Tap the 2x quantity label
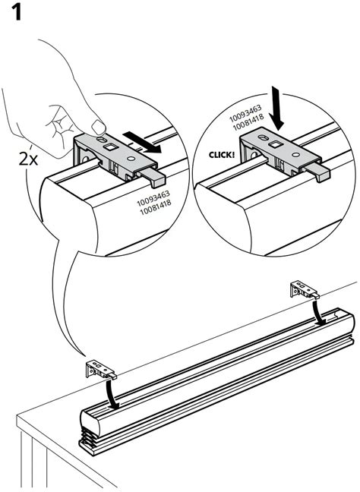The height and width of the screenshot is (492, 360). [x=28, y=159]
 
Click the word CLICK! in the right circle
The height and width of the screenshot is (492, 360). [x=222, y=155]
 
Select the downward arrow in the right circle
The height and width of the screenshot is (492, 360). [x=276, y=109]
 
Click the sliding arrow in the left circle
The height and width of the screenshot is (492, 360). [x=142, y=142]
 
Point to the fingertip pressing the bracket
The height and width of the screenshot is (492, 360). [x=98, y=128]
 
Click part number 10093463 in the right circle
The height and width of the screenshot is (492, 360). [x=245, y=114]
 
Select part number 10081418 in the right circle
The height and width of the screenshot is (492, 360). [x=248, y=122]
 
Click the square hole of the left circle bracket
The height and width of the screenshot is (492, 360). [x=111, y=147]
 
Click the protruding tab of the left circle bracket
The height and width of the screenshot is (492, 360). [x=153, y=177]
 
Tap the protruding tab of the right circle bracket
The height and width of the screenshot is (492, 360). [x=318, y=172]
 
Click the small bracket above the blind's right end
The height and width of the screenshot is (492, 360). [x=304, y=289]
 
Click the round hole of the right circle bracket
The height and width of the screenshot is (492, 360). [x=295, y=154]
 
